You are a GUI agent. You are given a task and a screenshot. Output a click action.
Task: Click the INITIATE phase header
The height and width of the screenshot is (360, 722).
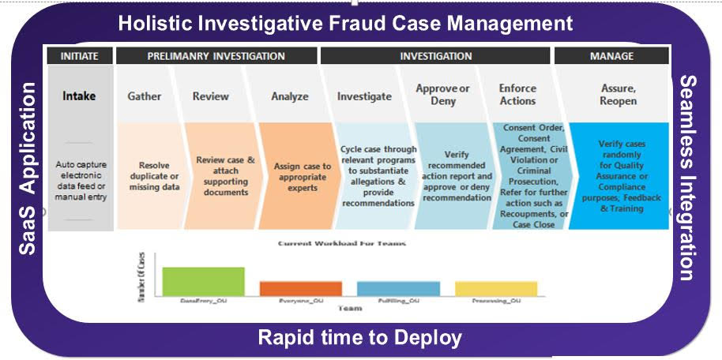(80, 56)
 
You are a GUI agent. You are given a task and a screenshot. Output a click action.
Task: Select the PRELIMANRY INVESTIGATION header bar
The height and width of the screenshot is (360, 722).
(216, 56)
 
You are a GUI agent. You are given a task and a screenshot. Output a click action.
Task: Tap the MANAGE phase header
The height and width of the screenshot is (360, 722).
(611, 56)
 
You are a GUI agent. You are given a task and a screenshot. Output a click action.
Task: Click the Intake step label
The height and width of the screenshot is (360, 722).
(80, 96)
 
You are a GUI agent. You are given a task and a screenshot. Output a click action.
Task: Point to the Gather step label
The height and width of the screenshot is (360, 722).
(145, 96)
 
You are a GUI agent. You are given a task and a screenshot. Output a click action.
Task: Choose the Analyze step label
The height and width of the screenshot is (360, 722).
(289, 96)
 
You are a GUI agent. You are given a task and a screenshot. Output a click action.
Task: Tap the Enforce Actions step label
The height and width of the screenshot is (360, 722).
(517, 95)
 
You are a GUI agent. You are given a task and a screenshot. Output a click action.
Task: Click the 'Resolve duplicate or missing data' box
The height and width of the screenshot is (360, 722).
(149, 176)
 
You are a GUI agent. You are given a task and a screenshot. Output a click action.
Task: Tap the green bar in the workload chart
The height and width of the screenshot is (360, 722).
(203, 281)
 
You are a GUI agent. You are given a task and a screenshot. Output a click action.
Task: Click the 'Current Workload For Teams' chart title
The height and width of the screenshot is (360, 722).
(342, 244)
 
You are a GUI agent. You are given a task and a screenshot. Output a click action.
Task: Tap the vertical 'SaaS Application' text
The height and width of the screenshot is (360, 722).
(27, 168)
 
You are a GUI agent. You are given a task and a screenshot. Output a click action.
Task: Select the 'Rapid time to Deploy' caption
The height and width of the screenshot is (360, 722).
(359, 339)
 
